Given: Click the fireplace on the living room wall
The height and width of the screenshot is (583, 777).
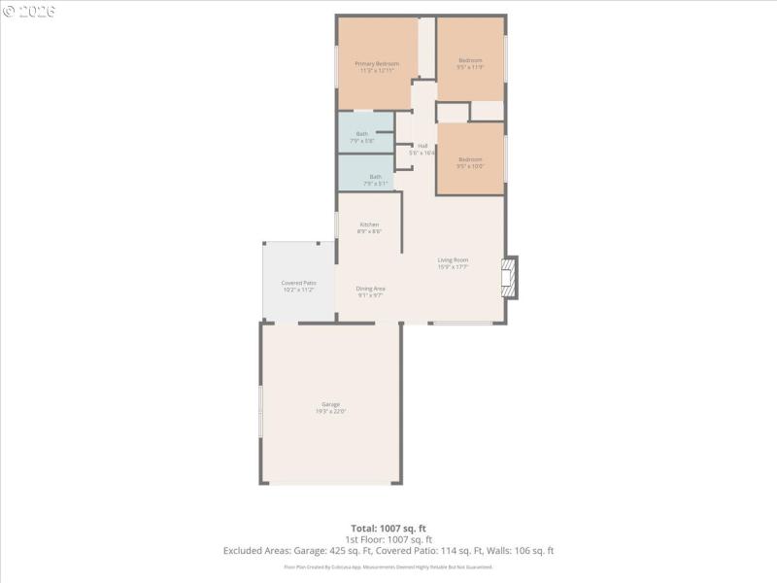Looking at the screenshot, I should tap(510, 278).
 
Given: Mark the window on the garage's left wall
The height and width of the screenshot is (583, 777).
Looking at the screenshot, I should tap(260, 412).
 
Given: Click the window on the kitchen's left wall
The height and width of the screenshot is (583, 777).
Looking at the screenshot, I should tap(337, 223).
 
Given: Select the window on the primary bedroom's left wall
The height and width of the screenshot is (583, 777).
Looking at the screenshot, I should tap(337, 68).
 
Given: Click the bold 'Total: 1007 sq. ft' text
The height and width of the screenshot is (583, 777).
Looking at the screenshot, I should tap(388, 528).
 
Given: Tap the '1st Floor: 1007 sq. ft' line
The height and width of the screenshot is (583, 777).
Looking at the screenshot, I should tap(388, 539).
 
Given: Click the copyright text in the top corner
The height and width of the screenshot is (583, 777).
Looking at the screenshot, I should tap(29, 10).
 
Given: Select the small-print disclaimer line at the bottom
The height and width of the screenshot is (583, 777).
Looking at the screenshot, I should tap(388, 566).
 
